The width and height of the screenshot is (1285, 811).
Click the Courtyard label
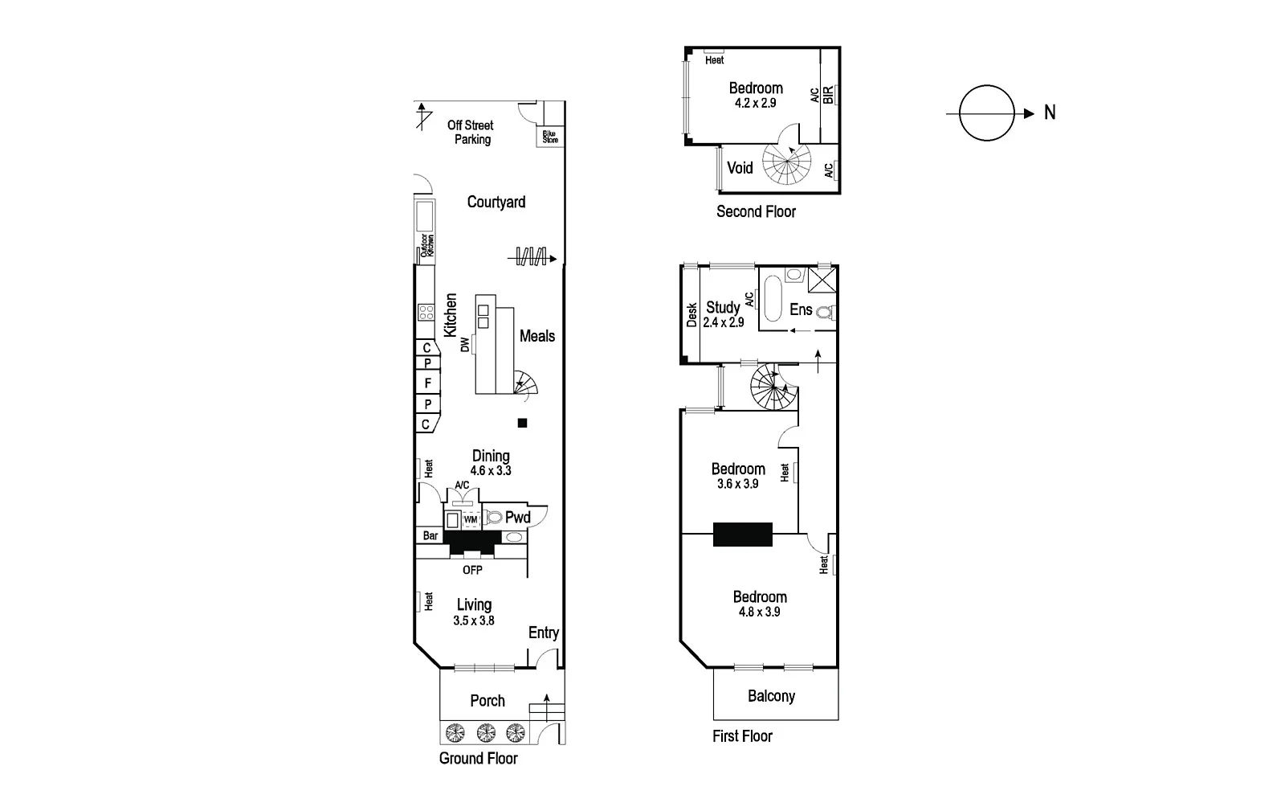click(496, 203)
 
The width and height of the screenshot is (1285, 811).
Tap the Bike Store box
click(550, 137)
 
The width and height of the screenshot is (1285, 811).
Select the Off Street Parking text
click(471, 132)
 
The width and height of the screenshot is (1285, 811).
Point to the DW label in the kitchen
click(464, 345)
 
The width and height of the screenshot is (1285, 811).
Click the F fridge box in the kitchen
click(427, 383)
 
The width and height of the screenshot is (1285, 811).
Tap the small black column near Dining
click(522, 423)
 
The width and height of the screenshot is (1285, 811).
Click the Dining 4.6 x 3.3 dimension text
click(491, 471)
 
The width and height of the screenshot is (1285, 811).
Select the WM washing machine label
click(471, 520)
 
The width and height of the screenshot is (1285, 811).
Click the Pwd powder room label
click(518, 518)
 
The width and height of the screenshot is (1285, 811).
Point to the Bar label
click(430, 535)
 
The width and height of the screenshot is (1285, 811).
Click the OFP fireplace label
click(472, 570)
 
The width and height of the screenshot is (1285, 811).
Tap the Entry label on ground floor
click(544, 633)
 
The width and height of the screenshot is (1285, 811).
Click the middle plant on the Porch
click(485, 732)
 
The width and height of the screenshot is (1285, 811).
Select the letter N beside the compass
click(1050, 113)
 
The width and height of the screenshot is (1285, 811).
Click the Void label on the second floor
click(740, 168)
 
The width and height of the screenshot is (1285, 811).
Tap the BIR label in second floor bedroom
click(828, 95)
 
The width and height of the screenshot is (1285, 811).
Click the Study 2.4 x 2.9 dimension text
click(723, 322)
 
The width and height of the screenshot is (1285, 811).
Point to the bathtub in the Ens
click(773, 300)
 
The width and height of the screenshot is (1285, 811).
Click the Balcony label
click(771, 696)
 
